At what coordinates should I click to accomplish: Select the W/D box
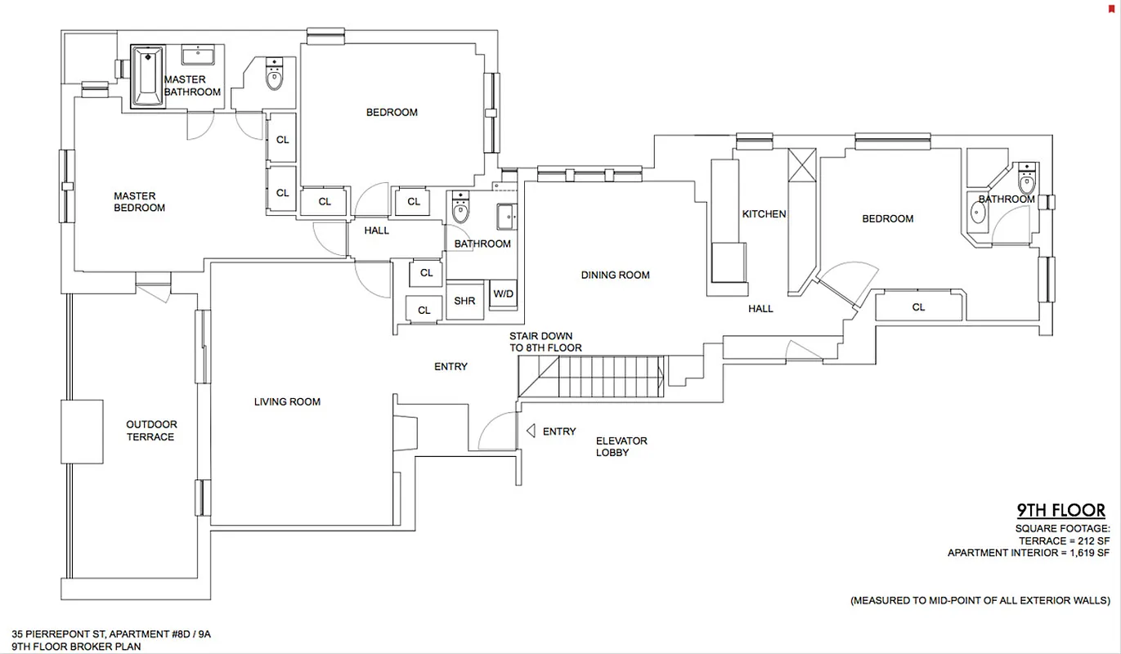(502, 294)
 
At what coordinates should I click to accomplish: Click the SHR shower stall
(464, 301)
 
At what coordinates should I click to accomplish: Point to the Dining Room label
(615, 275)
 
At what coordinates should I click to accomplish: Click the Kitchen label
(764, 214)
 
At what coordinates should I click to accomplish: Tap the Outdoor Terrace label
(151, 431)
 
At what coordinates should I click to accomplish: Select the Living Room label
(287, 401)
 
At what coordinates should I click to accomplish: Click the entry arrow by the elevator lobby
(530, 431)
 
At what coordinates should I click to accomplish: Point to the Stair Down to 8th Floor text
(545, 342)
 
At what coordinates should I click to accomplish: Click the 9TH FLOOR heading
(1060, 511)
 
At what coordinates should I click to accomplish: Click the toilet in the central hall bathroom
(461, 210)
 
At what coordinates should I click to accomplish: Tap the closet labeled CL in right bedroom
(918, 307)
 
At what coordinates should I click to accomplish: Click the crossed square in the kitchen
(802, 164)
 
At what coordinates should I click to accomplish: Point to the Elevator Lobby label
(621, 446)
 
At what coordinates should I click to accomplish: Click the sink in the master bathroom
(196, 56)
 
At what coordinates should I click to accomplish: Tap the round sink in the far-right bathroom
(979, 213)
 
